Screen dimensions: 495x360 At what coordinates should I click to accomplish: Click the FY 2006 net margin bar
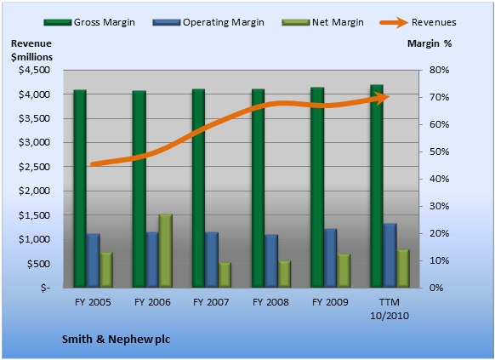pos(165,251)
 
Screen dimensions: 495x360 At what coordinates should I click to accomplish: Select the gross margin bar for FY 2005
pos(80,189)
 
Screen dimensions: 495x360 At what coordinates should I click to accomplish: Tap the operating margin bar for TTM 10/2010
pos(390,255)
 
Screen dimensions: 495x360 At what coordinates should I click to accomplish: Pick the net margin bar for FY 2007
pos(225,275)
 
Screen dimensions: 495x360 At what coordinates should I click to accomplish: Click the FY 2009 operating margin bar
pos(331,258)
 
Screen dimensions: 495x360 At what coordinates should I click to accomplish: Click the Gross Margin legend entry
pos(89,22)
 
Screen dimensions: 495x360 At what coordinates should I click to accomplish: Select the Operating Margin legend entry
pos(208,22)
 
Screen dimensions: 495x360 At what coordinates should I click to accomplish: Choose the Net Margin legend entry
pos(322,22)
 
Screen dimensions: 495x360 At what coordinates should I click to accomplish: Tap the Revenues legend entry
pos(418,22)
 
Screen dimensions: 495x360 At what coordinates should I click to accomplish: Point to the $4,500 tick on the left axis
pos(34,70)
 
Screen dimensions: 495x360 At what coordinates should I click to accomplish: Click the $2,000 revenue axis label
pos(34,191)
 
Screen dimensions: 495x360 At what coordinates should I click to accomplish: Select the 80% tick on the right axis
pos(439,70)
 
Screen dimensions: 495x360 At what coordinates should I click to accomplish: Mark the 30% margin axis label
pos(439,206)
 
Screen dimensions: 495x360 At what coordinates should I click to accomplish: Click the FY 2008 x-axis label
pos(270,302)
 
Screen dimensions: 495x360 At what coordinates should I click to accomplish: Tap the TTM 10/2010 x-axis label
pos(390,309)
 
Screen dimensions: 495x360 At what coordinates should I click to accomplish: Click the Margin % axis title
pos(430,43)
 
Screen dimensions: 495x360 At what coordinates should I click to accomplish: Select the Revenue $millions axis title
pos(31,50)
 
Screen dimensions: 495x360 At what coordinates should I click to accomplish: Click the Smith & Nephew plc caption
pos(116,340)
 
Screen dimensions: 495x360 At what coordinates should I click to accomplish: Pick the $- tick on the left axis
pos(45,288)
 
